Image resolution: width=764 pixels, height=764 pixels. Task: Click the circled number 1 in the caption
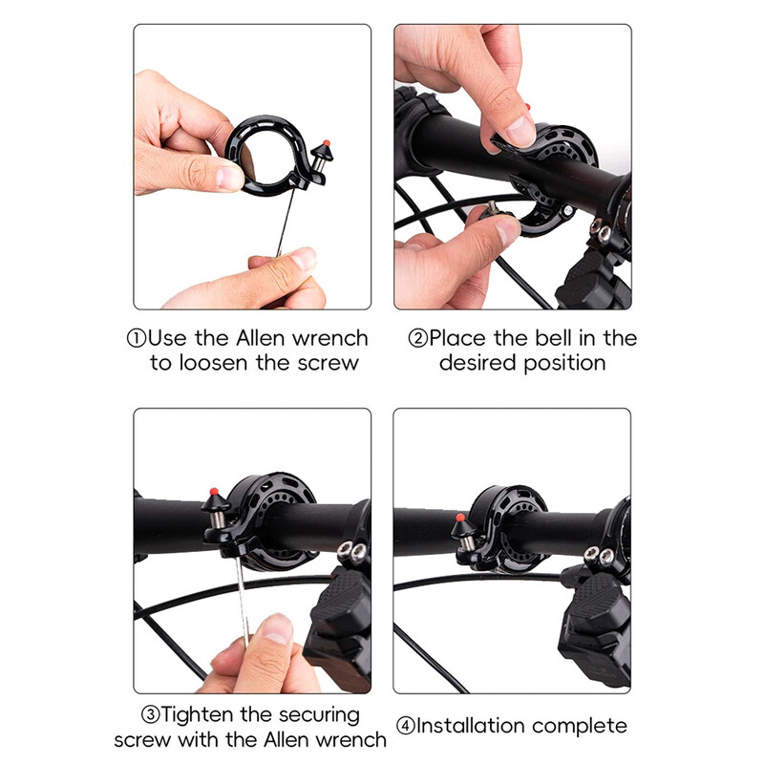coord(137,338)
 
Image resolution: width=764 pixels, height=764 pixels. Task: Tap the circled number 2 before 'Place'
coord(417,338)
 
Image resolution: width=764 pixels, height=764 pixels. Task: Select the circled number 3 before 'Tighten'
coord(151,714)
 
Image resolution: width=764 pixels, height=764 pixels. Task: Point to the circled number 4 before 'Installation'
coord(405,726)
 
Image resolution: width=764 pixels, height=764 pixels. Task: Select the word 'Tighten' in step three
coord(198,715)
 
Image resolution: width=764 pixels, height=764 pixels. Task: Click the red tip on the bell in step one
coord(326,143)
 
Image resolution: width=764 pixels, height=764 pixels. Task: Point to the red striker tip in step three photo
coord(213,491)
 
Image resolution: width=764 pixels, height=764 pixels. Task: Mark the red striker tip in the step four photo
coord(460,518)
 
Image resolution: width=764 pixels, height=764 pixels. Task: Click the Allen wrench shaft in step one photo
coord(286,223)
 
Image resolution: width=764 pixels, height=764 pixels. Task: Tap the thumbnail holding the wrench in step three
coord(277,628)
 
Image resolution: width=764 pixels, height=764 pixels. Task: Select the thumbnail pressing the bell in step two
coord(520,131)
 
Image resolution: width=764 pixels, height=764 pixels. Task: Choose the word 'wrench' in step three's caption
coord(350,740)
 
